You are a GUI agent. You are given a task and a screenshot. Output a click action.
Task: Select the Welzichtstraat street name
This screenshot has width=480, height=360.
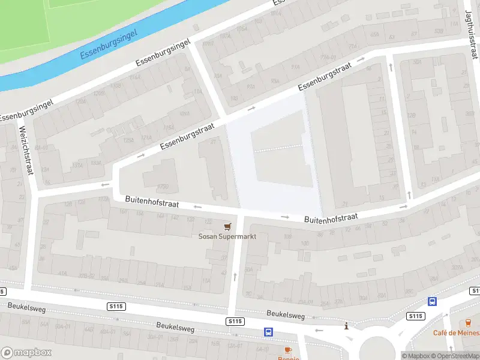(x=26, y=149)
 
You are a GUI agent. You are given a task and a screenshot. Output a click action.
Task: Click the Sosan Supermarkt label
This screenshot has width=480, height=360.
(x=227, y=236)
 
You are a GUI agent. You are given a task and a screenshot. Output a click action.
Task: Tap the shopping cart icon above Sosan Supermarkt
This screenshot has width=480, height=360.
(x=227, y=226)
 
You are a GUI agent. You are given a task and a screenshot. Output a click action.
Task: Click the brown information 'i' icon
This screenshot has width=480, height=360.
(x=346, y=326)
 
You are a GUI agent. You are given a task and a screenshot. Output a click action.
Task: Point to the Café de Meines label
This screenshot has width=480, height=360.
(x=457, y=332)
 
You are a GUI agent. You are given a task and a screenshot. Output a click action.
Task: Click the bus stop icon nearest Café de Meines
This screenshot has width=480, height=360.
(x=432, y=302)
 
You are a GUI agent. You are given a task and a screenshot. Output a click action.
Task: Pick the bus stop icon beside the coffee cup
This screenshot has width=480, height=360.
(x=269, y=332)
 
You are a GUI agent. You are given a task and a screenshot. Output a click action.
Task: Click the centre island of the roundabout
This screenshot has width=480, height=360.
(x=376, y=349)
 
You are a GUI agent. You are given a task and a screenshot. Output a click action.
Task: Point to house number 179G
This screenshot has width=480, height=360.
(x=162, y=187)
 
